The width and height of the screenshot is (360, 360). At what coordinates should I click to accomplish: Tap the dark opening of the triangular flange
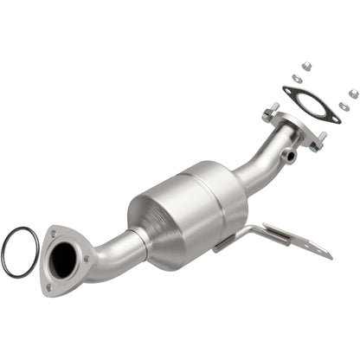[67, 258]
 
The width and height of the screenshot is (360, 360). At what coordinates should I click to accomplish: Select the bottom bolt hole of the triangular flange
[50, 286]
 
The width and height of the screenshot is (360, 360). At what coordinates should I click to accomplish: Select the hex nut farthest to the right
[353, 93]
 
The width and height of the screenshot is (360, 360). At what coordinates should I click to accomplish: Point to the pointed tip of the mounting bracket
[330, 256]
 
